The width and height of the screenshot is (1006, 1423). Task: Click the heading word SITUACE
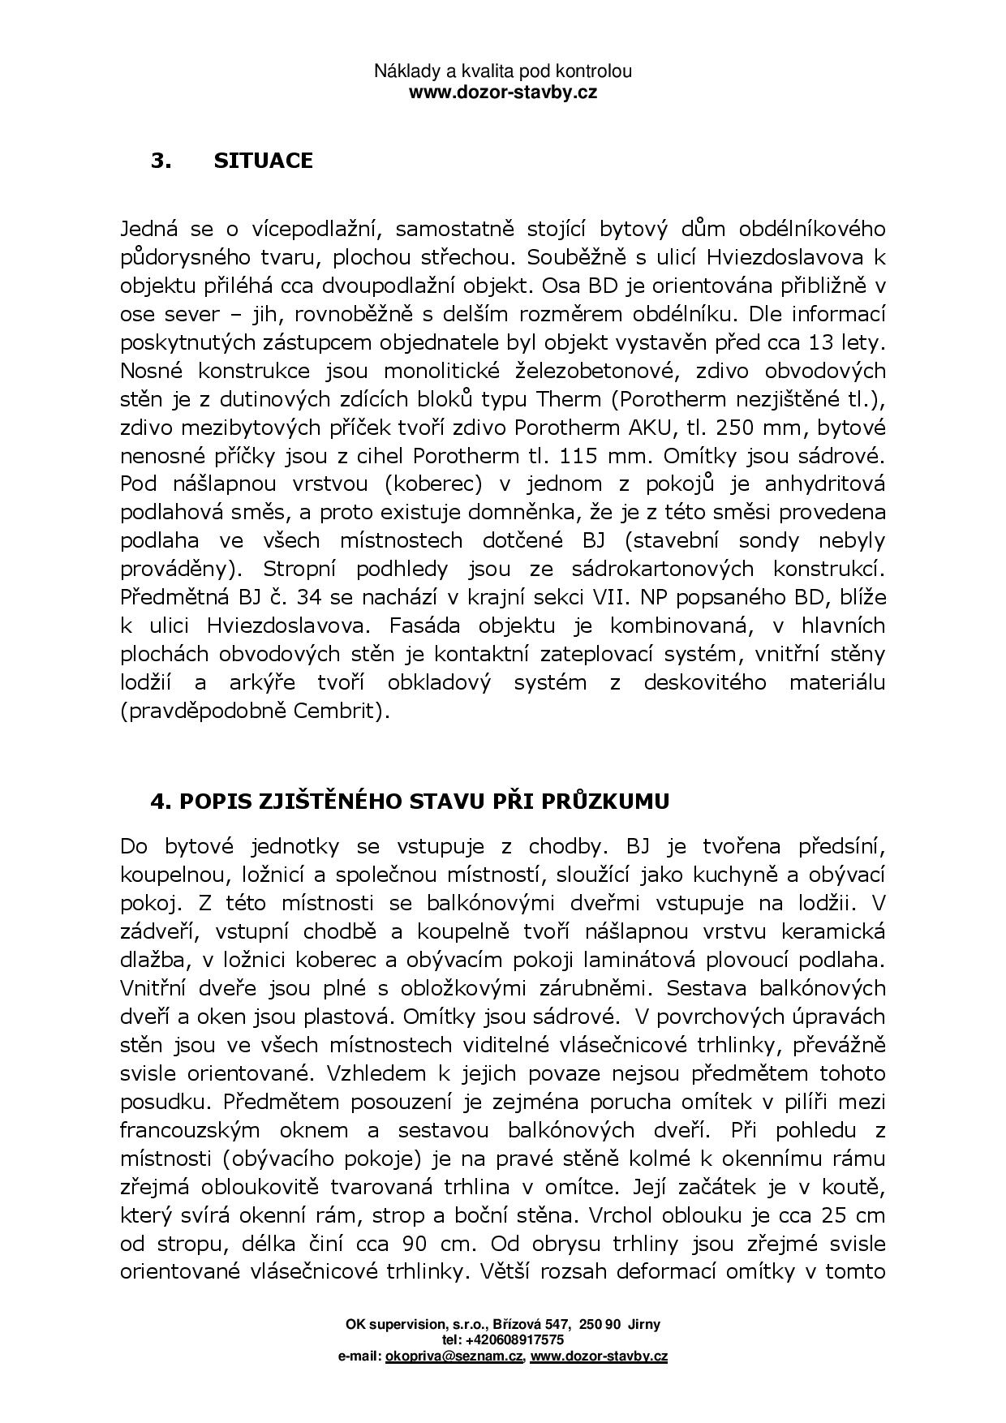[x=263, y=161]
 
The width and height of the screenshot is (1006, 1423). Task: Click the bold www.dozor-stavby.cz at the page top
[x=502, y=92]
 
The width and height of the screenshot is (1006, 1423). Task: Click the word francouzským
[x=190, y=1131]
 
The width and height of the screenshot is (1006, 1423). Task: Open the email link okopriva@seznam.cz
[x=454, y=1356]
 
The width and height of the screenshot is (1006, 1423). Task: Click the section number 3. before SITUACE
[x=161, y=161]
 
